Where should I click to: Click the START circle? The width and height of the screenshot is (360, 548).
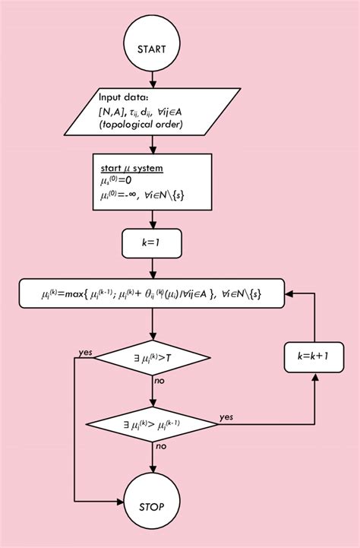(154, 48)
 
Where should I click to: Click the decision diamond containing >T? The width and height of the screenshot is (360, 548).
(154, 355)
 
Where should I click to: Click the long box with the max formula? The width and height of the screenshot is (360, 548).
(155, 293)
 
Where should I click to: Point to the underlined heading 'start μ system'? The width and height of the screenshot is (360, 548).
(133, 166)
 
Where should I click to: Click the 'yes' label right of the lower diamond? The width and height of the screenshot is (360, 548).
(226, 417)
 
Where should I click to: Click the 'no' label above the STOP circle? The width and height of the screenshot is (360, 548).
(161, 446)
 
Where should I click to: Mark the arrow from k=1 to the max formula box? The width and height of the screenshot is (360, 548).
(154, 269)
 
